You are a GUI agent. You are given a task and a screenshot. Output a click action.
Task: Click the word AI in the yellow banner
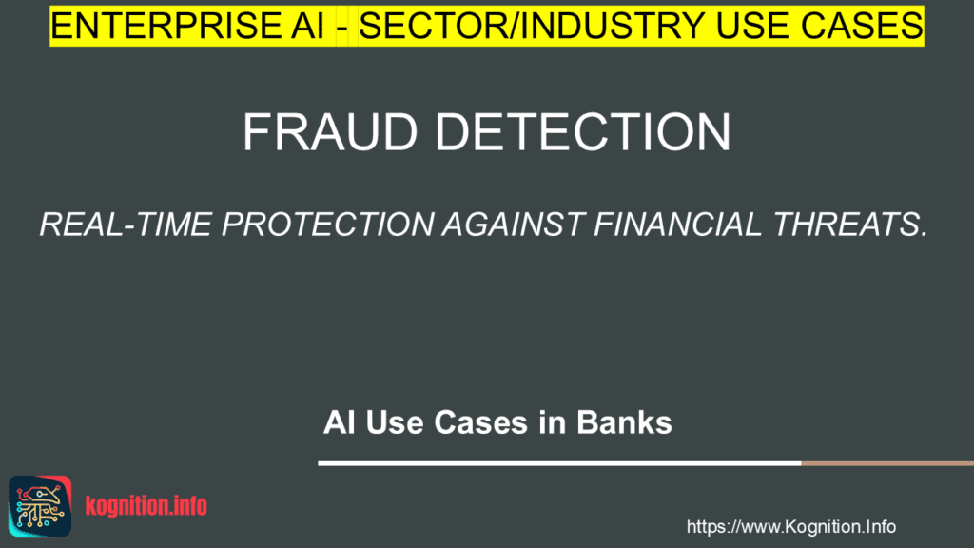(310, 27)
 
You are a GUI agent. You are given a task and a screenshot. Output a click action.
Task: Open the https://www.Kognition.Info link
(790, 526)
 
